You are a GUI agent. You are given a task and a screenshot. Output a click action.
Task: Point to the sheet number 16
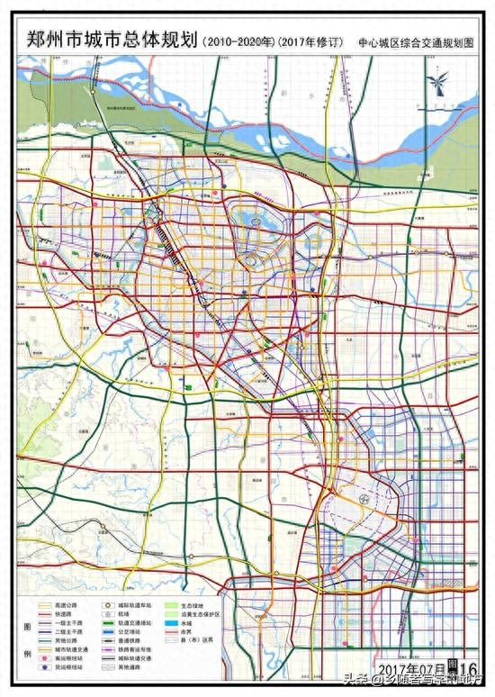[x=466, y=667]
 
